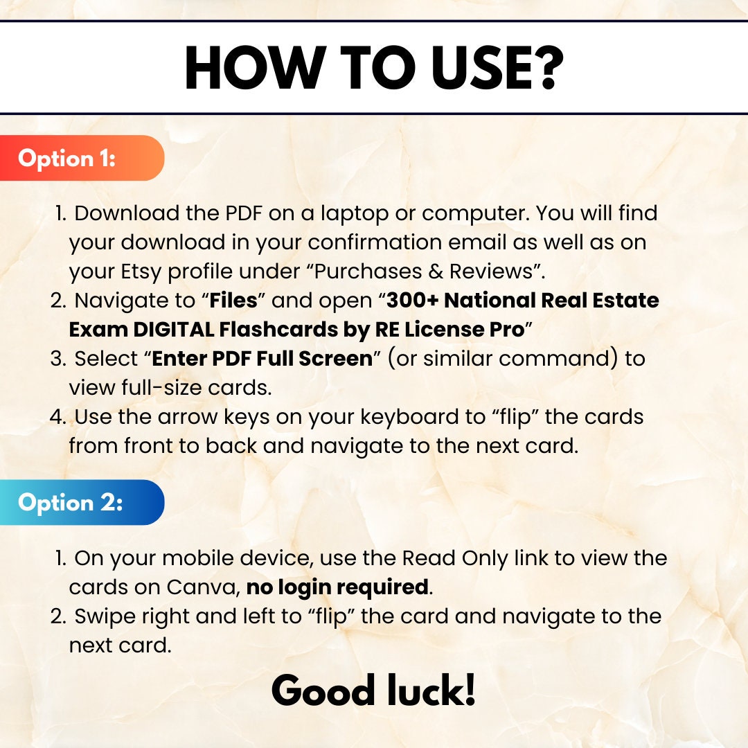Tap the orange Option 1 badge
click(82, 158)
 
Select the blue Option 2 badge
click(82, 502)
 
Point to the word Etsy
click(141, 272)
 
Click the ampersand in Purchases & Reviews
click(436, 271)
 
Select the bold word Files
click(233, 301)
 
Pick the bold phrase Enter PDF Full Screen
click(262, 359)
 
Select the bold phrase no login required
click(337, 588)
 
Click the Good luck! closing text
click(373, 690)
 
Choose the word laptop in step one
click(355, 214)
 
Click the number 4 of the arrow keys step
click(57, 417)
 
